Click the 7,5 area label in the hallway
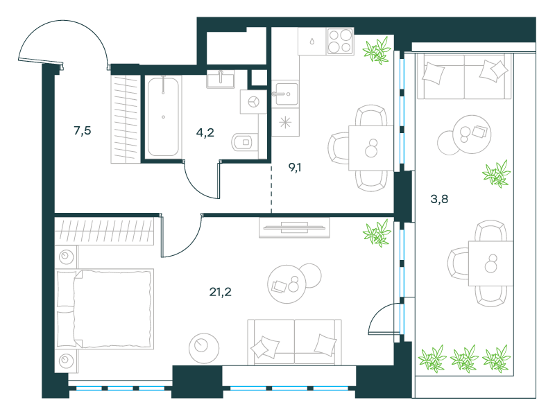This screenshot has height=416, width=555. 83,131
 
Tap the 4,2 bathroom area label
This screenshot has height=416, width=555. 205,132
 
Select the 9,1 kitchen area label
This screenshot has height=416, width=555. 295,167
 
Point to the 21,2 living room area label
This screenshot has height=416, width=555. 220,292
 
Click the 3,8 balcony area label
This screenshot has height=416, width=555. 439,199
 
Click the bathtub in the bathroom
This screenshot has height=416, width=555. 163,117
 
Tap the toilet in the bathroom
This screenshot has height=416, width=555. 245,142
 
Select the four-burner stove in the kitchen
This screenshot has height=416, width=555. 340,42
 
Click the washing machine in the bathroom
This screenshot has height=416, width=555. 253,102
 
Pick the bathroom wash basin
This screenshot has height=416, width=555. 221,79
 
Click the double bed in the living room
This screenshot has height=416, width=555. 105,309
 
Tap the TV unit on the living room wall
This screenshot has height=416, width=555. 294,227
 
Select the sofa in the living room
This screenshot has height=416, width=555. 294,342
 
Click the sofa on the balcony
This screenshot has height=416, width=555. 464,76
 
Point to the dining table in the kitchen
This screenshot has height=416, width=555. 371,148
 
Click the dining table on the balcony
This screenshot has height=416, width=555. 490,263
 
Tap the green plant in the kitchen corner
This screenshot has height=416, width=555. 377,51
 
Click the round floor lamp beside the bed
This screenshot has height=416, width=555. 204,348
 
